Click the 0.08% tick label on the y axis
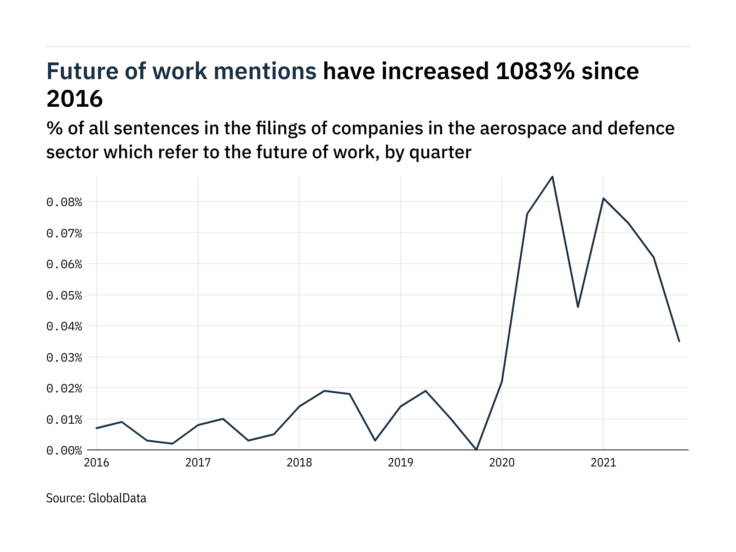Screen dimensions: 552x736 point(64,202)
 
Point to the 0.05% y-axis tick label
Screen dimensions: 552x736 point(64,295)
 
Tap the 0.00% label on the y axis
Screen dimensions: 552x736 point(64,450)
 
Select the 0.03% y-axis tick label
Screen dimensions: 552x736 point(64,357)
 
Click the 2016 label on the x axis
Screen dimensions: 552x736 point(97,462)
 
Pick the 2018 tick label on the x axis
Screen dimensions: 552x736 point(299,462)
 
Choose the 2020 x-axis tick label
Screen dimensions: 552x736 point(502,462)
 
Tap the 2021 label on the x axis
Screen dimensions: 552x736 point(603,462)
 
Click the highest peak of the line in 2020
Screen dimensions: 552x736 point(552,176)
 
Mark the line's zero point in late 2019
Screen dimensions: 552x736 point(477,450)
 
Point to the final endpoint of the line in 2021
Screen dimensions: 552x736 point(679,341)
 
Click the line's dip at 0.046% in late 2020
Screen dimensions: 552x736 point(578,307)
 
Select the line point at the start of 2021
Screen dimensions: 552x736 point(603,198)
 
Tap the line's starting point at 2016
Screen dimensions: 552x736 point(97,428)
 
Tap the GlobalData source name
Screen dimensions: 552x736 point(117,498)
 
